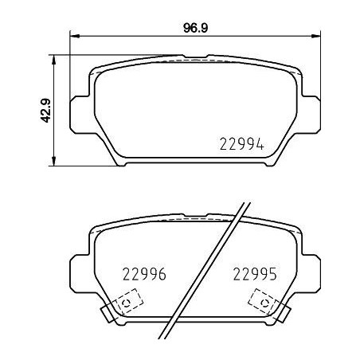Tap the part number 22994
[x=241, y=145]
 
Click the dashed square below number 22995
[x=262, y=302]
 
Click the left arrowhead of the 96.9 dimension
[x=75, y=35]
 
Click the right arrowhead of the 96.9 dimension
[x=318, y=35]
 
